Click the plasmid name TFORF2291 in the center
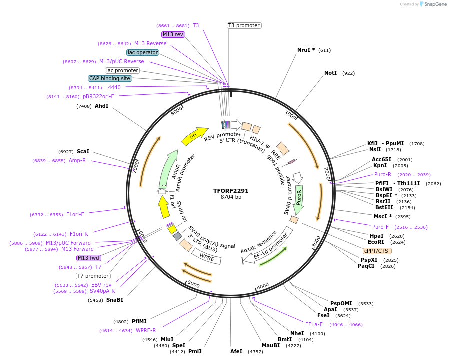pyautogui.click(x=231, y=191)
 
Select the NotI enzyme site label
pyautogui.click(x=330, y=73)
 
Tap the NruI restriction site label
pyautogui.click(x=306, y=50)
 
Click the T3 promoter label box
pyautogui.click(x=244, y=25)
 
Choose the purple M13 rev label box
pyautogui.click(x=173, y=34)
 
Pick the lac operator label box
pyautogui.click(x=143, y=52)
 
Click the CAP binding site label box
pyautogui.click(x=110, y=78)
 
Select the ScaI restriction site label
pyautogui.click(x=83, y=151)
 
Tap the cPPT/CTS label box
pyautogui.click(x=377, y=251)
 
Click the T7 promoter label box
pyautogui.click(x=93, y=276)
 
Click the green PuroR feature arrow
pyautogui.click(x=299, y=197)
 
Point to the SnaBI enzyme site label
pyautogui.click(x=114, y=300)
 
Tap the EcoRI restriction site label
pyautogui.click(x=376, y=242)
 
